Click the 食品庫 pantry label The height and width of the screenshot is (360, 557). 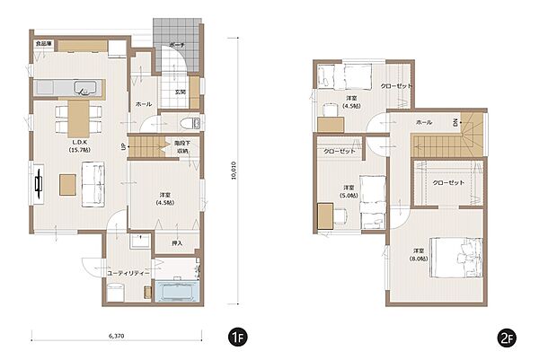(43, 43)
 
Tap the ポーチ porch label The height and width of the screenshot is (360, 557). (176, 44)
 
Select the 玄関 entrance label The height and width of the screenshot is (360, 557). (180, 92)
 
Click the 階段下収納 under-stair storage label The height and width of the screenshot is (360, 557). (182, 146)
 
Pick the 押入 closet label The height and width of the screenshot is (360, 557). (177, 242)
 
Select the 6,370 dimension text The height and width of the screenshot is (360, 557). (116, 335)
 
